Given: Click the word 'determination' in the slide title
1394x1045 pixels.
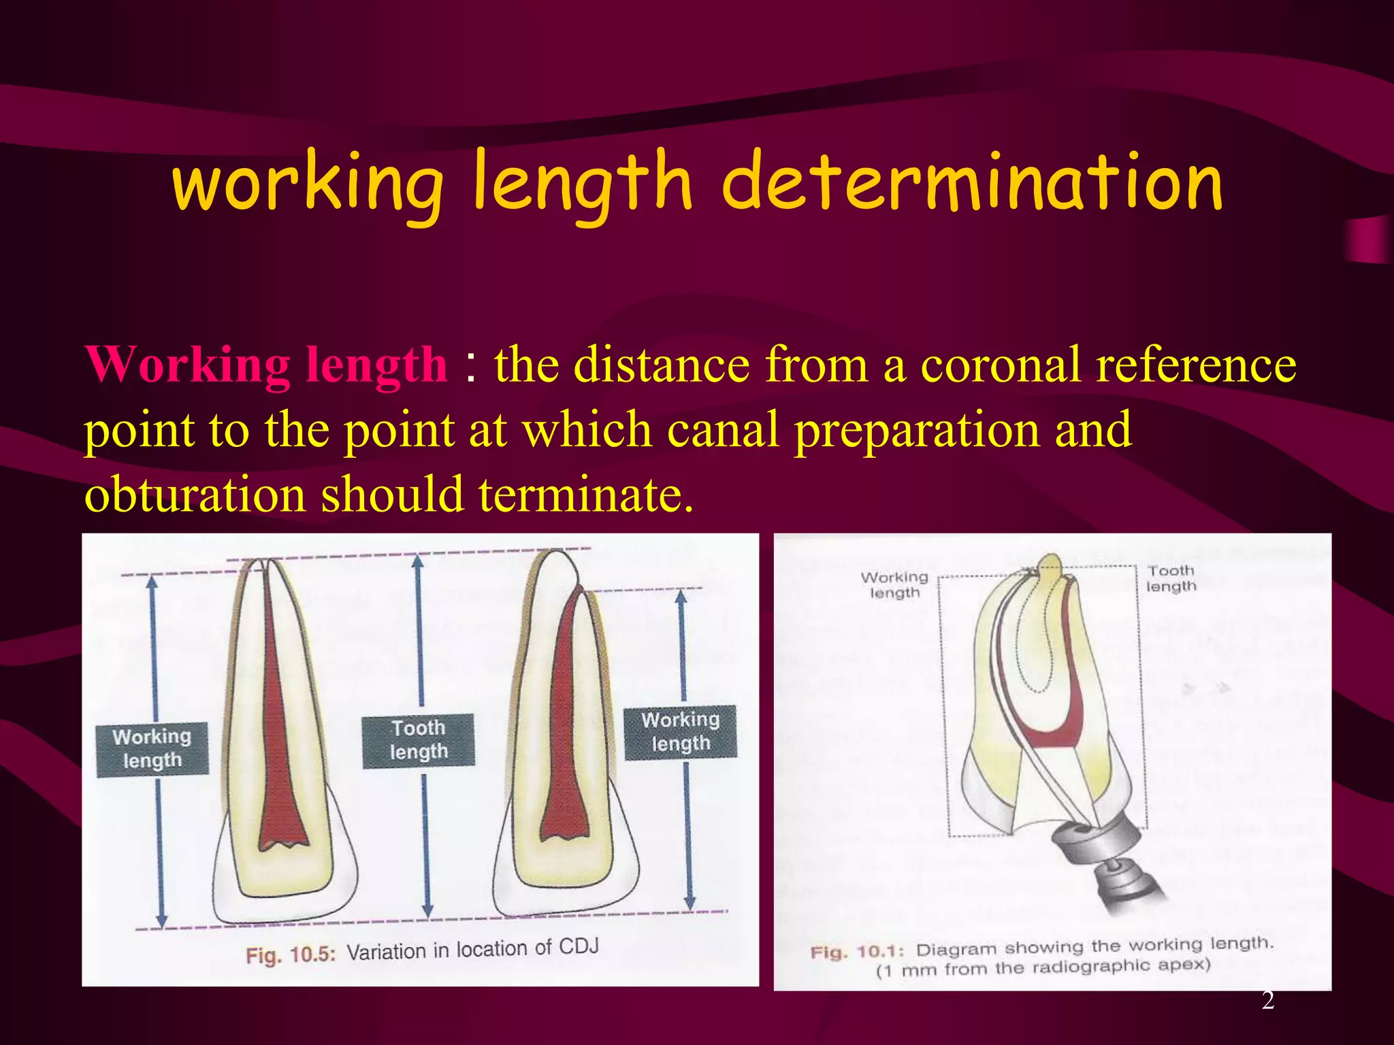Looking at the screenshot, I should pos(971,183).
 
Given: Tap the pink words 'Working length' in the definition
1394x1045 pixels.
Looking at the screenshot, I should pos(266,365).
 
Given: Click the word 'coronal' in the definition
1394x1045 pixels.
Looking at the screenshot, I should pos(1000,365).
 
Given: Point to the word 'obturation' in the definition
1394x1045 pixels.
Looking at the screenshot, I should pos(194,495).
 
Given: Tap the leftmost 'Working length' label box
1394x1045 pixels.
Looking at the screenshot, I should pos(152,748).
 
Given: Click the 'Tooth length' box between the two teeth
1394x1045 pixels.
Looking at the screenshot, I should pos(418,740).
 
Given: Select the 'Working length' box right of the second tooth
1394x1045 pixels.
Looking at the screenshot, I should pos(680,732).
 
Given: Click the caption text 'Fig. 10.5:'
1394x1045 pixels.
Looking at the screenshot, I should pos(291,955).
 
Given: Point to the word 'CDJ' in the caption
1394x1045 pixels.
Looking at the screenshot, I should pos(579,946).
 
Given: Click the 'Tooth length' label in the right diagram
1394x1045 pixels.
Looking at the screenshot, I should pos(1171,578).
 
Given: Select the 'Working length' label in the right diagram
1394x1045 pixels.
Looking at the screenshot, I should pos(894,585).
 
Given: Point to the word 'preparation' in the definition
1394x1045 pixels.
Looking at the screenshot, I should pos(916,431).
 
